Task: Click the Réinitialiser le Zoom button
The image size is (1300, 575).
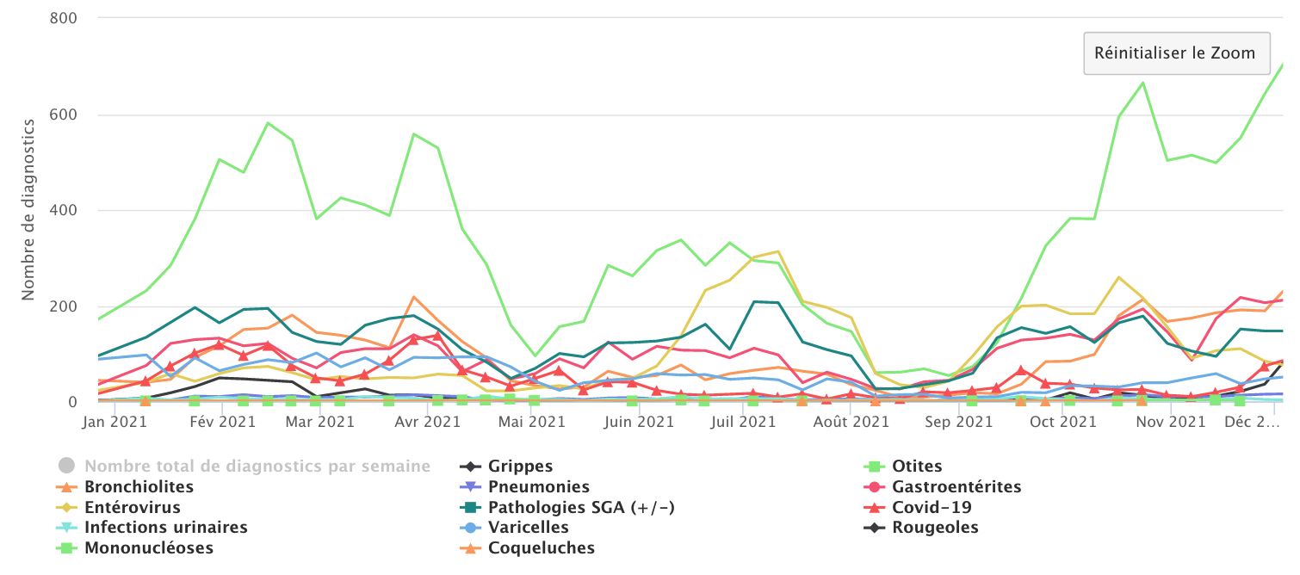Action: [x=1175, y=53]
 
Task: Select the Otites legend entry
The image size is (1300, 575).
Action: [x=918, y=467]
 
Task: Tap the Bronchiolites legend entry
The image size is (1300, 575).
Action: [x=139, y=487]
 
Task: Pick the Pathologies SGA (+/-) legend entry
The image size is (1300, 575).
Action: [x=581, y=508]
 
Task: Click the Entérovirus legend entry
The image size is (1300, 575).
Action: [x=133, y=508]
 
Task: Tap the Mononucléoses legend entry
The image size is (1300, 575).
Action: [x=148, y=548]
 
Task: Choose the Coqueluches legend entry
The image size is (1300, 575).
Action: [x=541, y=548]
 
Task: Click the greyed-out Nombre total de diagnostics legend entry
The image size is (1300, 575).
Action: [x=257, y=467]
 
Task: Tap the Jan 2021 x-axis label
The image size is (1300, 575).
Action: [x=115, y=423]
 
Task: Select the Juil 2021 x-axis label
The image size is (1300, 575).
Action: [x=743, y=423]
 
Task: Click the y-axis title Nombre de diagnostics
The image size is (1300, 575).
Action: [x=28, y=209]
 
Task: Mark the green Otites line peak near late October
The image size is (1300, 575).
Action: [x=1142, y=83]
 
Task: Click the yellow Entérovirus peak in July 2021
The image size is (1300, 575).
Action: [x=778, y=251]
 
